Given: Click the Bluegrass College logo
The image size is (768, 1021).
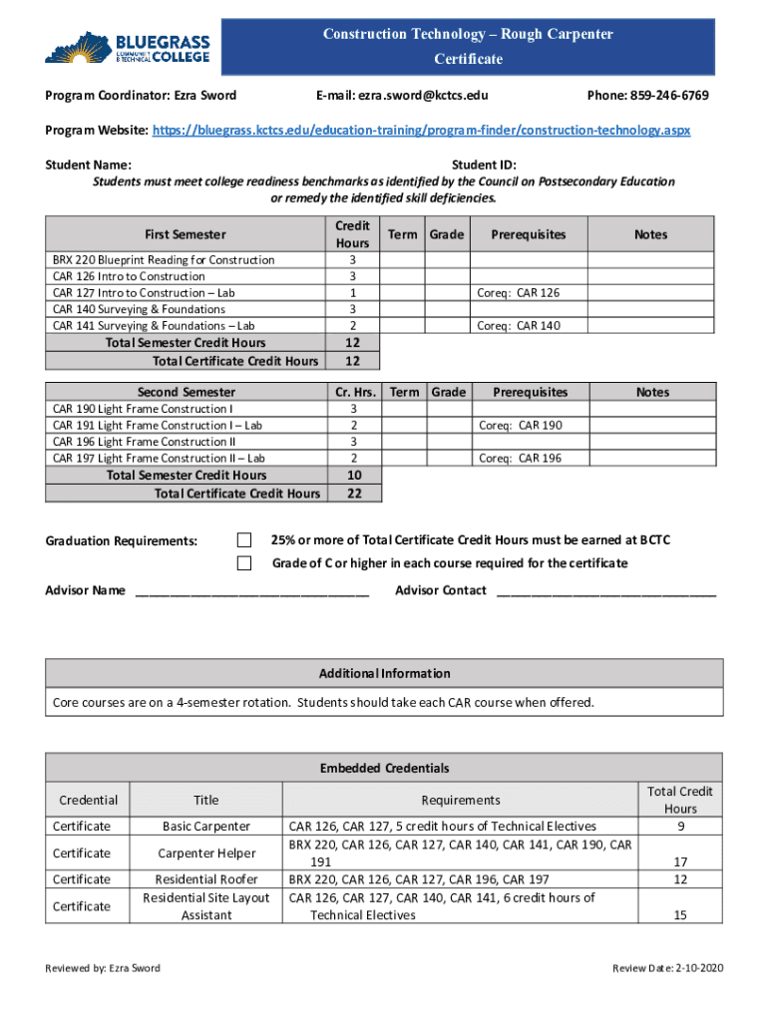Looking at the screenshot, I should coord(128,47).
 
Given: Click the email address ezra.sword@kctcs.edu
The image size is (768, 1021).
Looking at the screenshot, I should coord(402,96).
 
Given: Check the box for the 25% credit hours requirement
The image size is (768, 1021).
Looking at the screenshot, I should coord(244,539).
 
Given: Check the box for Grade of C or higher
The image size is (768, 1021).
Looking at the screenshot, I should coord(244,563).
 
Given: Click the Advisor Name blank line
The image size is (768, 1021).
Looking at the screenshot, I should coord(251,591).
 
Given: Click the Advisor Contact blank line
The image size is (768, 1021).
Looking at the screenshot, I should coord(605,591).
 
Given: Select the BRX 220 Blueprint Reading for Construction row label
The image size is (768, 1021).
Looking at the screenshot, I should coord(164,260).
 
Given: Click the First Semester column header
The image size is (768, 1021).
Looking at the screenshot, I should coord(186,234).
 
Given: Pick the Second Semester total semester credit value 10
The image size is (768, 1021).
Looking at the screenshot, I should coord(353,476).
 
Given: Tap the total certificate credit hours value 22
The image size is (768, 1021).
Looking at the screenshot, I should coord(353,494).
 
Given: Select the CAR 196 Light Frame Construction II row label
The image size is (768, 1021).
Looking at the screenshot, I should coord(145,442).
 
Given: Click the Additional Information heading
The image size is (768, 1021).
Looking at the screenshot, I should coord(384,673).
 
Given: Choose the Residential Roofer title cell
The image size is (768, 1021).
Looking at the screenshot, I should coord(206,879).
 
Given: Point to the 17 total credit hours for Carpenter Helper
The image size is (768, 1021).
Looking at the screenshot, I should coord(680,861).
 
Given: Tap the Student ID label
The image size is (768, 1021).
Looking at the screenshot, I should coord(484,165).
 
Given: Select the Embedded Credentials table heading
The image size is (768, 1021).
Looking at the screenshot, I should coord(384,768).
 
